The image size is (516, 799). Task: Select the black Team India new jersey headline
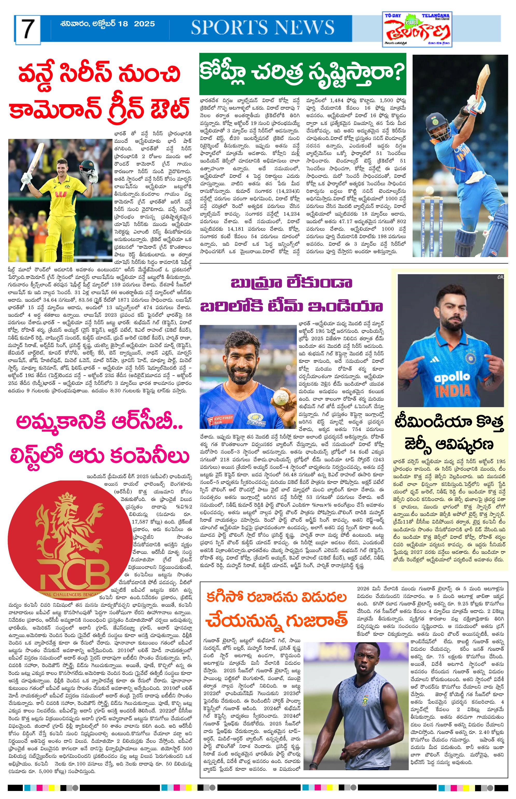tap(449, 434)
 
